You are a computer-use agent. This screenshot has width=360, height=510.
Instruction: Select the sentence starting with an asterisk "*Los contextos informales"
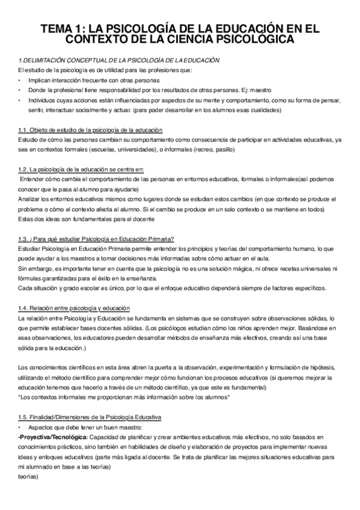pos(124,397)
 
